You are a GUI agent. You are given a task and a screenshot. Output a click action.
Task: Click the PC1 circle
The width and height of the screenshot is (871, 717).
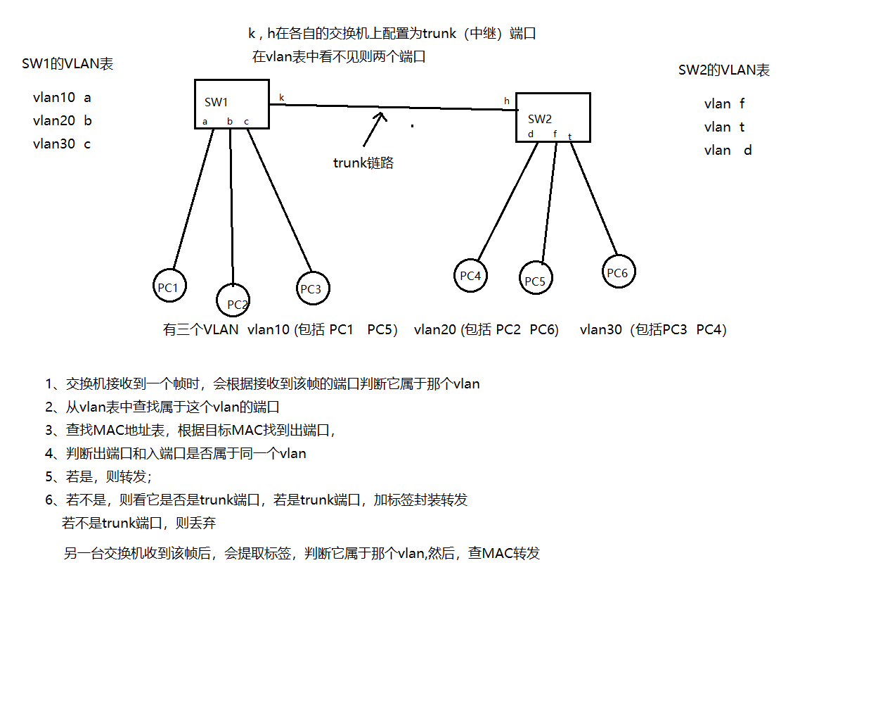pos(169,286)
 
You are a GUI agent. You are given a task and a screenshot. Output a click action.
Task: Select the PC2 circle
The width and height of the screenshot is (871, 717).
pos(233,300)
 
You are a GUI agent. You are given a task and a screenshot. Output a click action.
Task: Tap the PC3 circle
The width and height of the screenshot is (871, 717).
pos(312,288)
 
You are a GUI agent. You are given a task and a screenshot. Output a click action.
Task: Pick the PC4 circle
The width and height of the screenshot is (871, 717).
pos(470,276)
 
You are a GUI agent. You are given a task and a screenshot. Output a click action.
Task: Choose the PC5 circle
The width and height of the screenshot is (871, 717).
pos(536,279)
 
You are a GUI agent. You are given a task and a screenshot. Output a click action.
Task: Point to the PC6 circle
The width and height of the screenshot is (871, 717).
pos(618,272)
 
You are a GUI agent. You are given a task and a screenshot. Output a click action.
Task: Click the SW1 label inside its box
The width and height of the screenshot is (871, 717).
pos(216,103)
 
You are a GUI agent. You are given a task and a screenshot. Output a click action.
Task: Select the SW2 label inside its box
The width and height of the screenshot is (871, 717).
pos(540,119)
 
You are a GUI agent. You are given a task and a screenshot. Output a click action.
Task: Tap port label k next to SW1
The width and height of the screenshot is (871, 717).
pos(282,98)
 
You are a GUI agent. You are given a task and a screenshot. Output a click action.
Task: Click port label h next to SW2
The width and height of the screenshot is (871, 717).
pos(506,101)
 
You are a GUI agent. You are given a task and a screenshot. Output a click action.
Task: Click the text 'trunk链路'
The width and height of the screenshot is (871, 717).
pos(363,163)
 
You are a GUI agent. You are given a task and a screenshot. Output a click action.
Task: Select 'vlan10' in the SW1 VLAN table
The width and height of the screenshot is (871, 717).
pos(54,98)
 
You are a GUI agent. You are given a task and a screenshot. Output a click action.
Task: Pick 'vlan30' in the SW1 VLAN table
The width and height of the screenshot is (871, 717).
pos(54,144)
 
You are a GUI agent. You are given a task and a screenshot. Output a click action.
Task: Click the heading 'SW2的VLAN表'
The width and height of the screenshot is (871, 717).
pos(723,70)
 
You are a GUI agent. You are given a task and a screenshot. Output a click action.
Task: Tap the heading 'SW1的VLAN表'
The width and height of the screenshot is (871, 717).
pos(67,64)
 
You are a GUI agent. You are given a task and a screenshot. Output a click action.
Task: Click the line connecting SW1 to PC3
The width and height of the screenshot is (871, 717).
pos(279,200)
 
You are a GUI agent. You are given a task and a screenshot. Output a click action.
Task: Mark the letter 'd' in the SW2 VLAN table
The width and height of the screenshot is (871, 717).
pos(748,151)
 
